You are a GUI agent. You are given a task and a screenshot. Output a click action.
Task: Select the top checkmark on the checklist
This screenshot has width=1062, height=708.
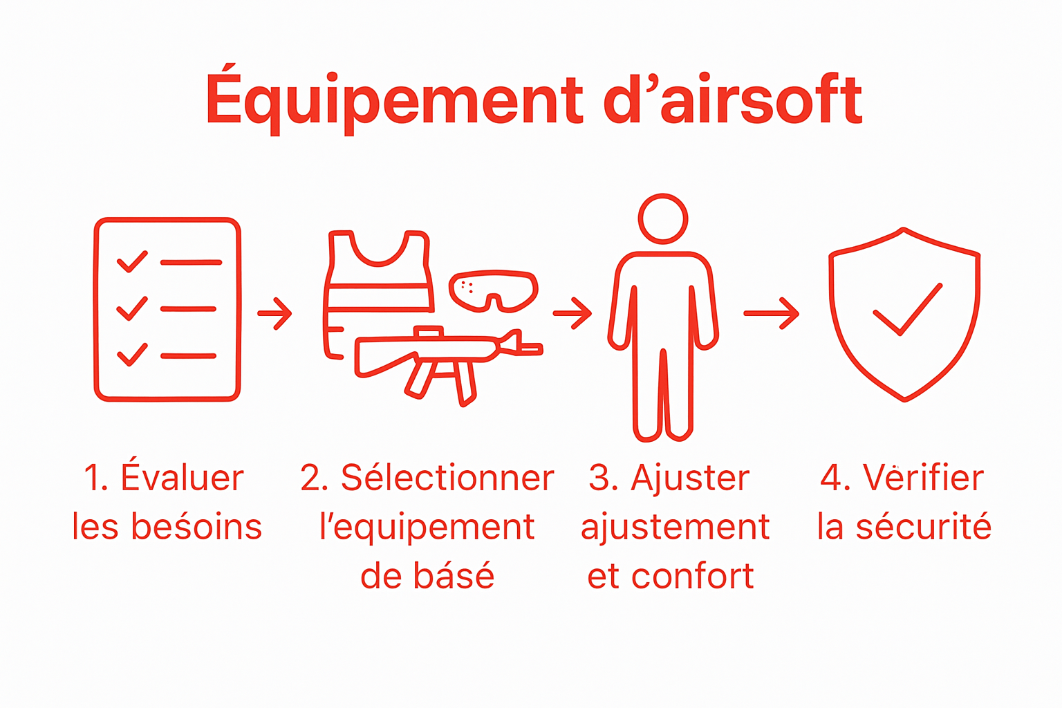132,261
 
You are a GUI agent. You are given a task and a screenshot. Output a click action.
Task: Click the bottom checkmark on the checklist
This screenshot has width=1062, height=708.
132,354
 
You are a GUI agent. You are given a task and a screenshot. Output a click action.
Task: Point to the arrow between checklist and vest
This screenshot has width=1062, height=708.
275,313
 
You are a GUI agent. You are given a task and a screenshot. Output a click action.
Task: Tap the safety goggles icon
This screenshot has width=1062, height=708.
493,290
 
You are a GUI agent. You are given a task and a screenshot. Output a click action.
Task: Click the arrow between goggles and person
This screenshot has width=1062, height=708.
572,313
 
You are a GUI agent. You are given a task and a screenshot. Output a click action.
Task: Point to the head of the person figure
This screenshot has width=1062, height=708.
663,219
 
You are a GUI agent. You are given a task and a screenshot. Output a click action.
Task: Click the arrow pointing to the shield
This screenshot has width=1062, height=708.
772,313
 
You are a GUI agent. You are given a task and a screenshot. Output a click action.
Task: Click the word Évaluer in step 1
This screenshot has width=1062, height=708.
183,478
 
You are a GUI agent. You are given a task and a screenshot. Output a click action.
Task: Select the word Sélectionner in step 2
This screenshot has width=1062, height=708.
447,478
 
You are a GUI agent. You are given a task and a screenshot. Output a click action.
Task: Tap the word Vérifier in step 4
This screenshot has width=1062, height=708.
923,478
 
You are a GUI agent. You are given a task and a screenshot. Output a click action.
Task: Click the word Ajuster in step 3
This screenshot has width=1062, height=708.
690,478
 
